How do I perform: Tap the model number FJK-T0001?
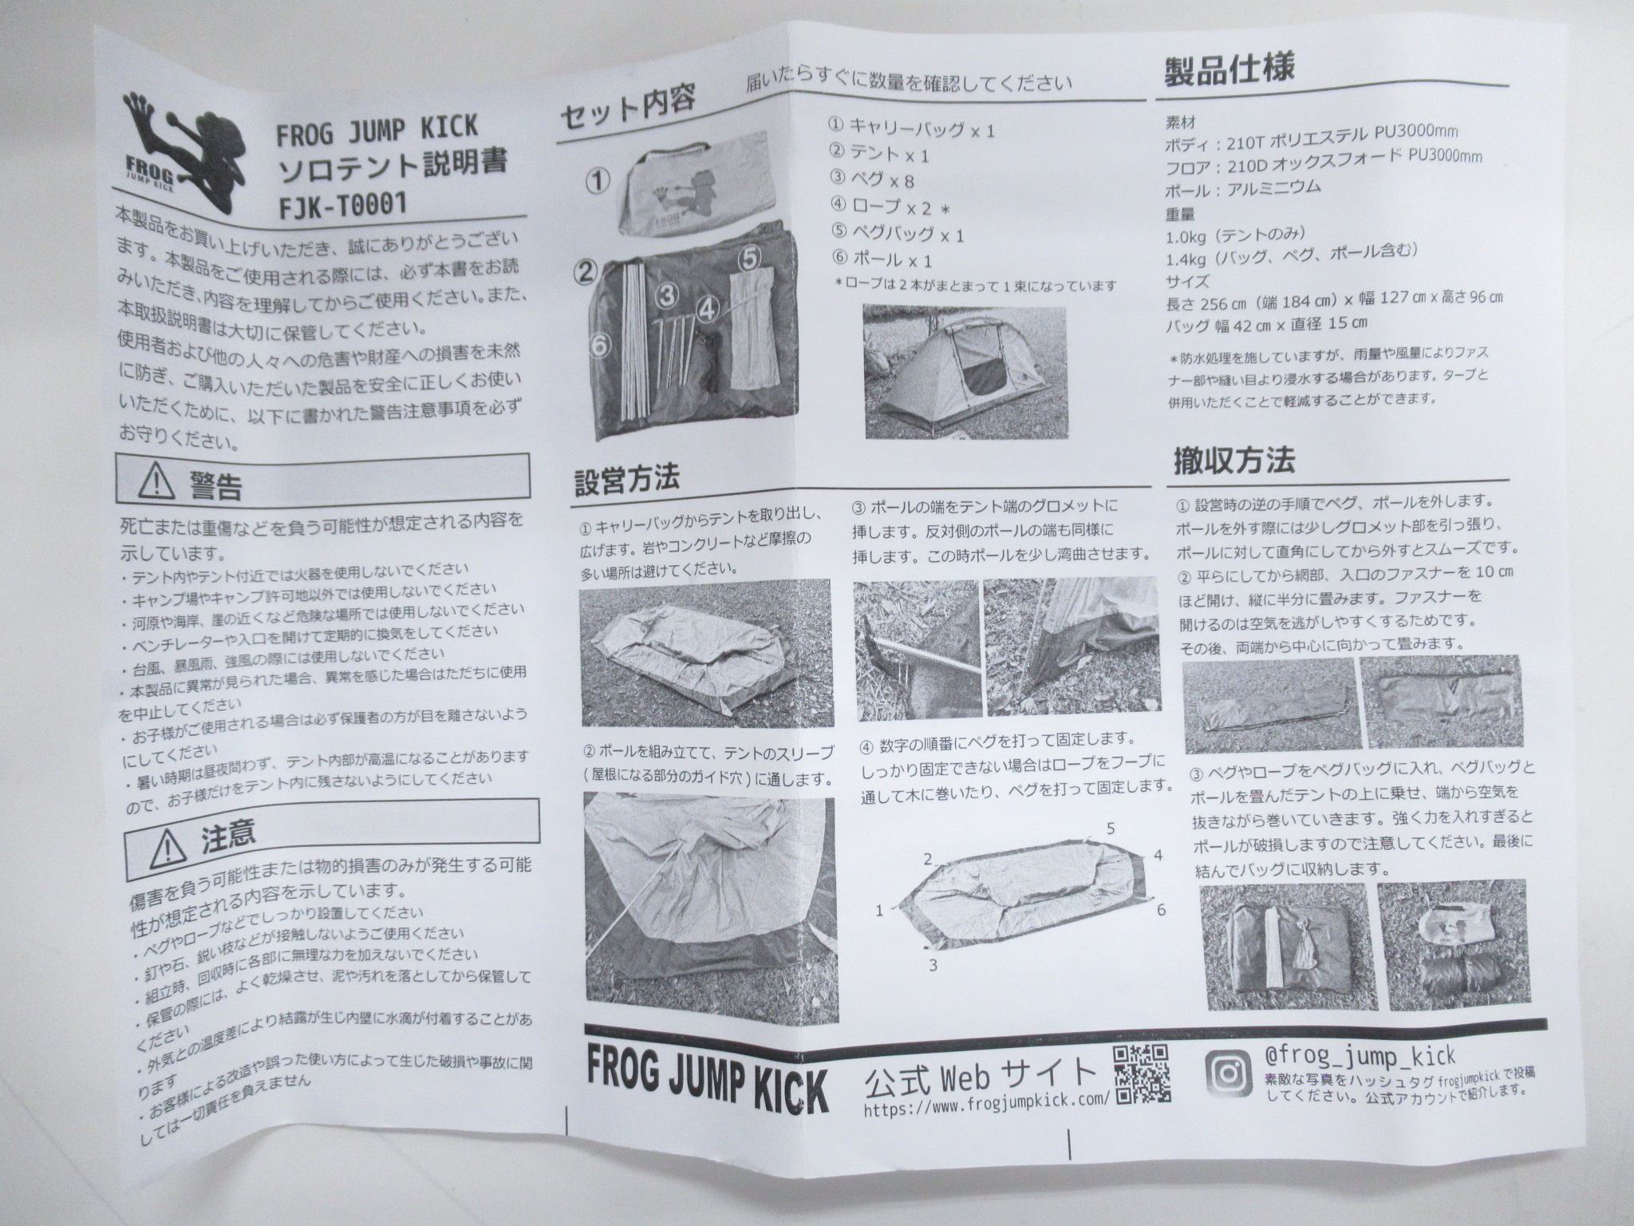(x=343, y=204)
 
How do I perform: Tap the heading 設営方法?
(x=626, y=479)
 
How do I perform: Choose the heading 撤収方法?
(x=1233, y=461)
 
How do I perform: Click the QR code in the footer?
(x=1142, y=1074)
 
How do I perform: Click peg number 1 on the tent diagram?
(x=880, y=909)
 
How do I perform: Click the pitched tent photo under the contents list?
(x=965, y=372)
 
